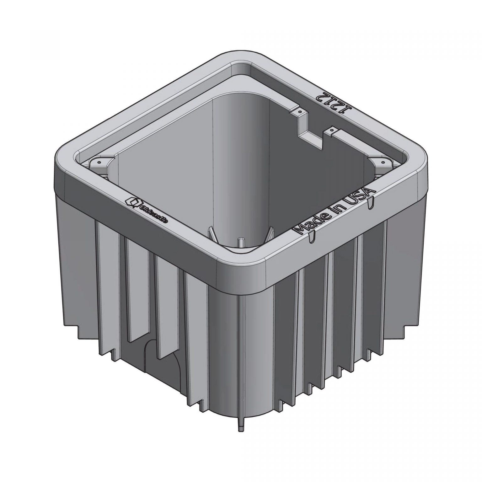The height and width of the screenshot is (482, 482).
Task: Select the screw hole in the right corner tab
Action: click(382, 162)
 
